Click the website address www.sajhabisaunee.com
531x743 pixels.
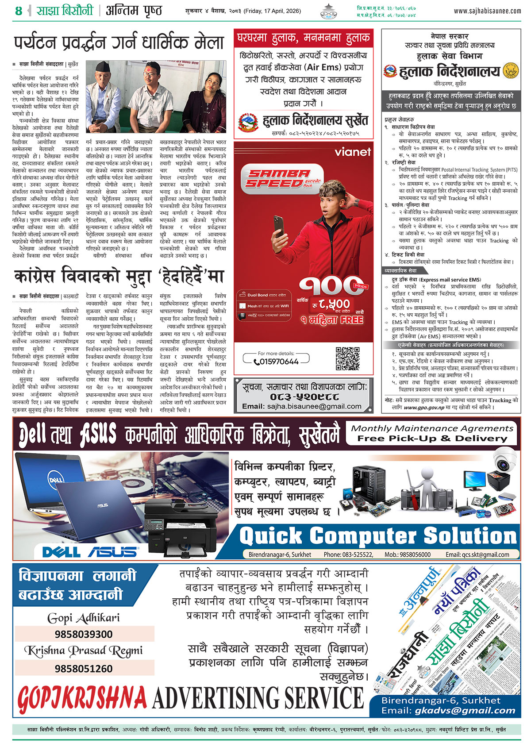click(487, 11)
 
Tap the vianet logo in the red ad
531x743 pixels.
click(353, 152)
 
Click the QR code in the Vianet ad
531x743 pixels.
click(347, 358)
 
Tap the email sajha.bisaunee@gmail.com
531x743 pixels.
click(302, 406)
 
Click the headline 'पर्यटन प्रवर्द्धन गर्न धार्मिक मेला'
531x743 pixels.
click(119, 43)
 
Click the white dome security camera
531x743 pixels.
click(504, 460)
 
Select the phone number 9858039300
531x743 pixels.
click(84, 634)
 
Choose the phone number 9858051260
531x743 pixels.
click(84, 668)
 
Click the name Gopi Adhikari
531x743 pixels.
click(84, 618)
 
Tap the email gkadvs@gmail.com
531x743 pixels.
click(465, 710)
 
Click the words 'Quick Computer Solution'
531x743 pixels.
click(378, 536)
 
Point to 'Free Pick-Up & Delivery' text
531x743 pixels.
click(432, 438)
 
